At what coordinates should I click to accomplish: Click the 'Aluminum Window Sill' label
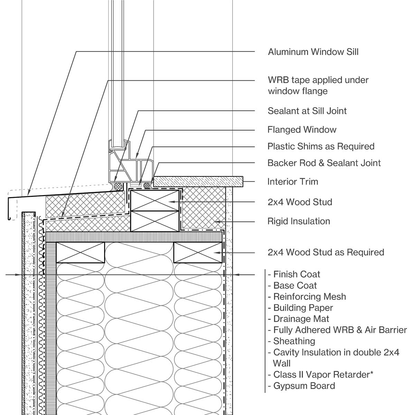pos(313,52)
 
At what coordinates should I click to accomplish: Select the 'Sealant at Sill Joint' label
pos(307,111)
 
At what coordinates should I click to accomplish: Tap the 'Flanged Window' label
pos(302,130)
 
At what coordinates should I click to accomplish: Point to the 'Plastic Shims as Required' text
pos(321,146)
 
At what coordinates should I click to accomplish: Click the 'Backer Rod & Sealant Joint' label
pos(324,163)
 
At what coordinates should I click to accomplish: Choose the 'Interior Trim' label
pos(293,182)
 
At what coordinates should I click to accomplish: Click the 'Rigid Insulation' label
pos(298,221)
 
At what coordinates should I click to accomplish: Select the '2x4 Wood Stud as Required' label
pos(325,252)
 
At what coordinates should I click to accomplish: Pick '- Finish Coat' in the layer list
pos(294,275)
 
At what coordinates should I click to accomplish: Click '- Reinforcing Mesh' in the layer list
pos(307,297)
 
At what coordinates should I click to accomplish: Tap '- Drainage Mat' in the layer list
pos(298,319)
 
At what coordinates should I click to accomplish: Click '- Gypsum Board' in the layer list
pos(301,386)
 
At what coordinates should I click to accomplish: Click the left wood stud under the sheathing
pos(80,252)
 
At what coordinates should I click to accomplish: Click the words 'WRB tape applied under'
pos(318,80)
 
